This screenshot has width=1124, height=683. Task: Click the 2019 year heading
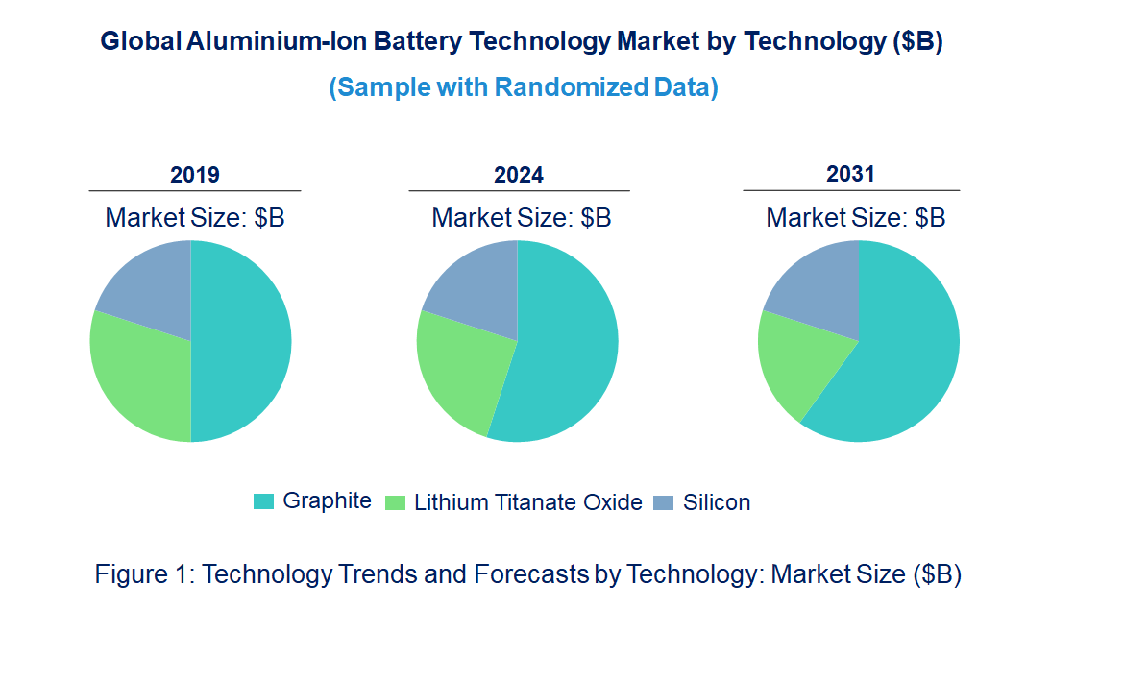(x=195, y=175)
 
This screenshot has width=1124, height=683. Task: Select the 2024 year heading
(x=519, y=175)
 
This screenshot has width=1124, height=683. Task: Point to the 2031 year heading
(x=851, y=174)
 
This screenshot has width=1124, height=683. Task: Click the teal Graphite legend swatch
(x=263, y=501)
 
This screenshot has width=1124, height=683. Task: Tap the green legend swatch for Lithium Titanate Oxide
(x=395, y=502)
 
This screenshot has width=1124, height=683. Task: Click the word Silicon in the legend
(x=717, y=502)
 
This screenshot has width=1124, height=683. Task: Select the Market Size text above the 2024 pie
(x=521, y=218)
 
